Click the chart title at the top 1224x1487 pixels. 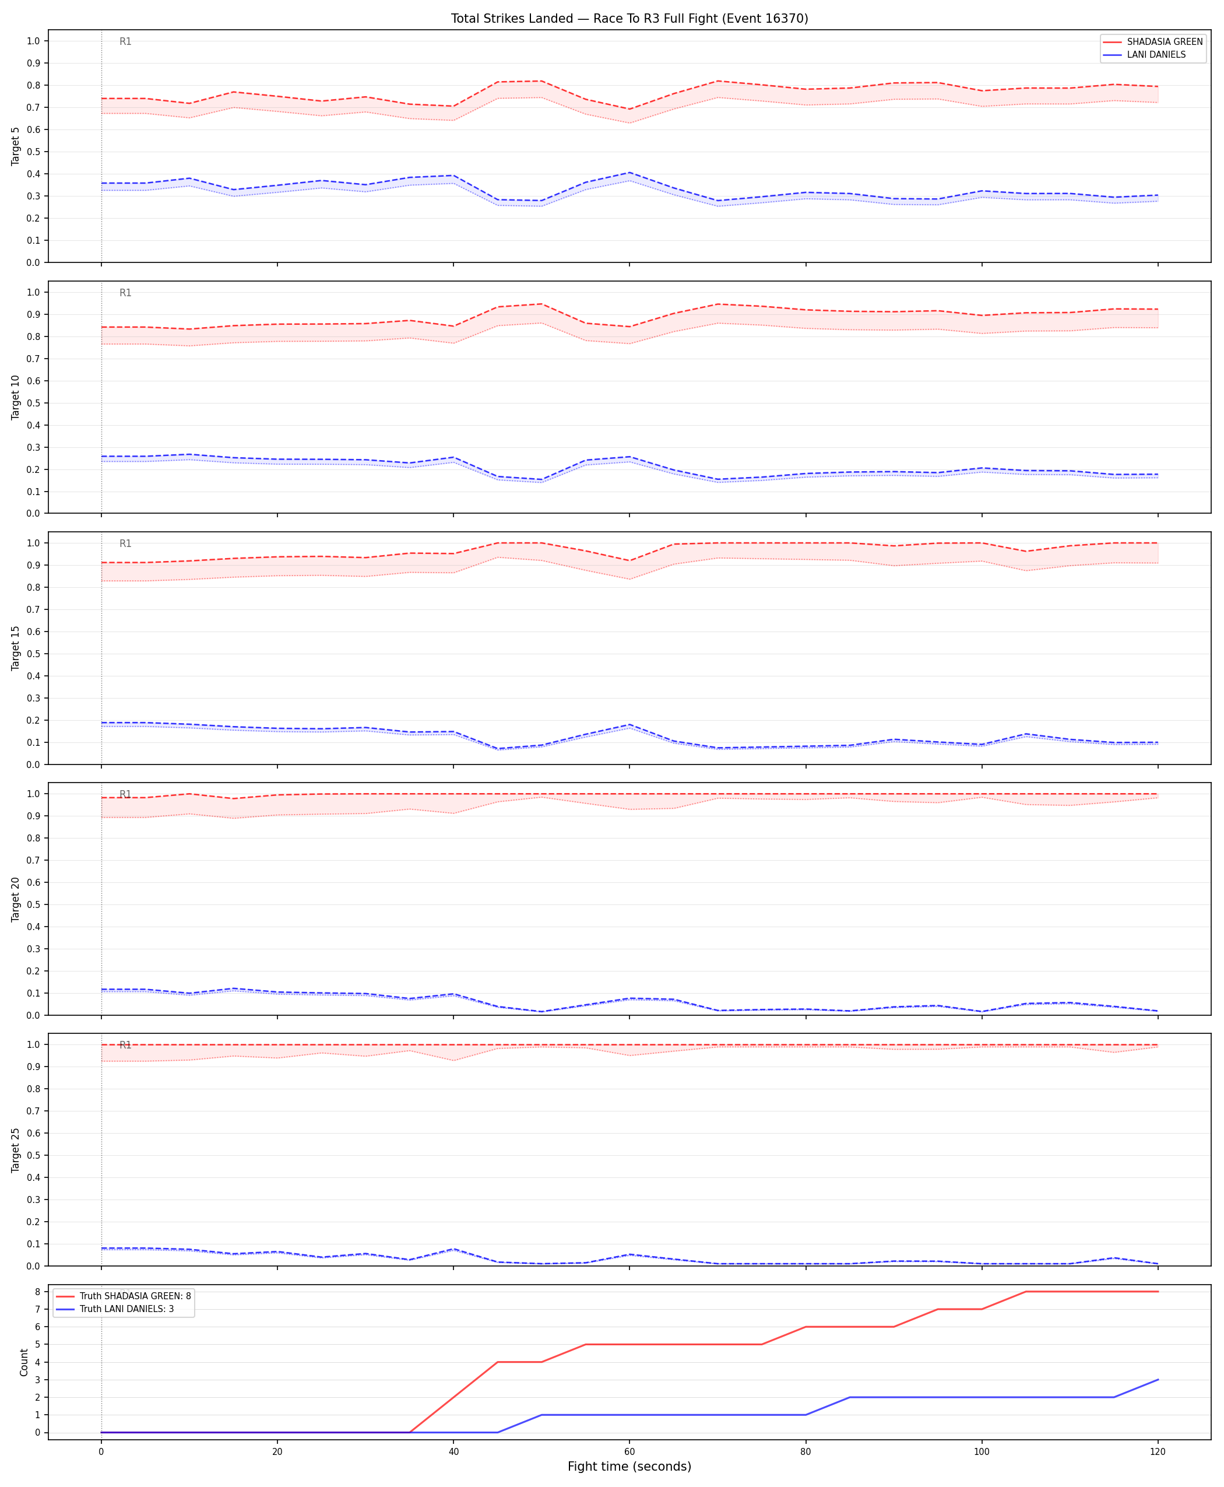pos(629,18)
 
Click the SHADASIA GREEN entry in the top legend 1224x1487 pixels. pos(1165,41)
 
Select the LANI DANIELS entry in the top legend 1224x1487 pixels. pos(1156,54)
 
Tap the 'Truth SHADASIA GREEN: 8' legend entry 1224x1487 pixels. pos(135,1296)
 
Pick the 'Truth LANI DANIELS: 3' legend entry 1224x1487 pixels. pos(127,1309)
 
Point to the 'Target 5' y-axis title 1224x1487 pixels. pos(16,146)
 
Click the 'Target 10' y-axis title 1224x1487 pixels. pos(16,397)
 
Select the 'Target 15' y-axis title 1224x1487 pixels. pos(16,647)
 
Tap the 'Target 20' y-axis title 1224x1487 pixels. pos(16,899)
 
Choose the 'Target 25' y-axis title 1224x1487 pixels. pos(16,1150)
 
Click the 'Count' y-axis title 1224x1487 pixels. pos(24,1363)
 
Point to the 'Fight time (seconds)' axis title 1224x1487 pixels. pos(629,1467)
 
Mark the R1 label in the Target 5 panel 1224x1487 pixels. pos(125,41)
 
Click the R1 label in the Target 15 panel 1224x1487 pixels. pos(125,544)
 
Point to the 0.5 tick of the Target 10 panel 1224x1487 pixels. pos(33,403)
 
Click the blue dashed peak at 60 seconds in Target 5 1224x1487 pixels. pos(629,173)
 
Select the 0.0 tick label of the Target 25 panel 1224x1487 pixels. pos(33,1266)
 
